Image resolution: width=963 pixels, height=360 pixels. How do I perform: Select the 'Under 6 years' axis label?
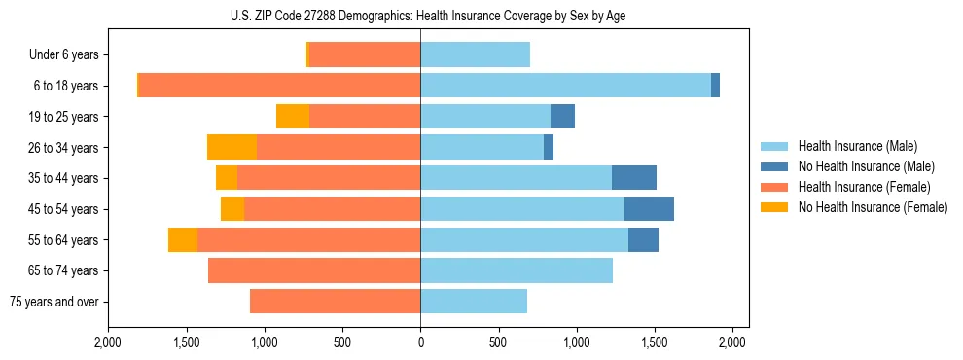(x=64, y=55)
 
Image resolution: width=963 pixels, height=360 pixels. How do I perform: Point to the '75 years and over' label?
(x=54, y=302)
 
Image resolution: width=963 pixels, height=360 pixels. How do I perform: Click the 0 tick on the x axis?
(x=420, y=342)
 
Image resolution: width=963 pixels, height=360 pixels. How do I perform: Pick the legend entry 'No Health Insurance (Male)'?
(x=866, y=166)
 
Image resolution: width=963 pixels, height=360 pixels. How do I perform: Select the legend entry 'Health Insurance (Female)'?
(x=865, y=187)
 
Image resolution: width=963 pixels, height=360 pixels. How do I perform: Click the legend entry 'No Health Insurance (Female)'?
(x=873, y=207)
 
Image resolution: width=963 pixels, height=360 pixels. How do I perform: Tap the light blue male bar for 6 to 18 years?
(x=565, y=86)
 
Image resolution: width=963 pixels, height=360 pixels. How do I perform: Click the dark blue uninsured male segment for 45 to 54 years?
(x=649, y=209)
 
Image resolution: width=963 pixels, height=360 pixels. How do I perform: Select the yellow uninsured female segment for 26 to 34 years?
(x=232, y=147)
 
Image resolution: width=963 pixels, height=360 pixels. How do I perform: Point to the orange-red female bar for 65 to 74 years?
(x=314, y=270)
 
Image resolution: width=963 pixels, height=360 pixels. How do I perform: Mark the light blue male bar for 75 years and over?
(x=474, y=302)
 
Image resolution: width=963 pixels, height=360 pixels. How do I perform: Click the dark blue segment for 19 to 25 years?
(x=562, y=117)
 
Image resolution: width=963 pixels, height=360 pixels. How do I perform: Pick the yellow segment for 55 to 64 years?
(x=183, y=239)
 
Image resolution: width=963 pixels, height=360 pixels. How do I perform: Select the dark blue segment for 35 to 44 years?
(x=634, y=178)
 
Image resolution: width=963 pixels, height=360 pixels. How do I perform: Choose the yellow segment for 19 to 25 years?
(x=293, y=117)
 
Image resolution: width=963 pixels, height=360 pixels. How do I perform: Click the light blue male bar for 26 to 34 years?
(x=481, y=147)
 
